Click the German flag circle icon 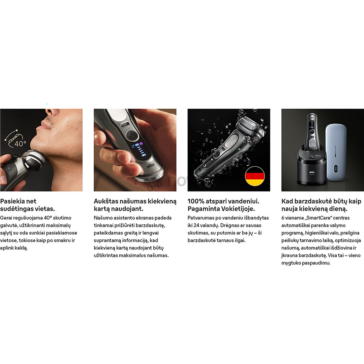click(255, 176)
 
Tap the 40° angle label click(20, 143)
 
